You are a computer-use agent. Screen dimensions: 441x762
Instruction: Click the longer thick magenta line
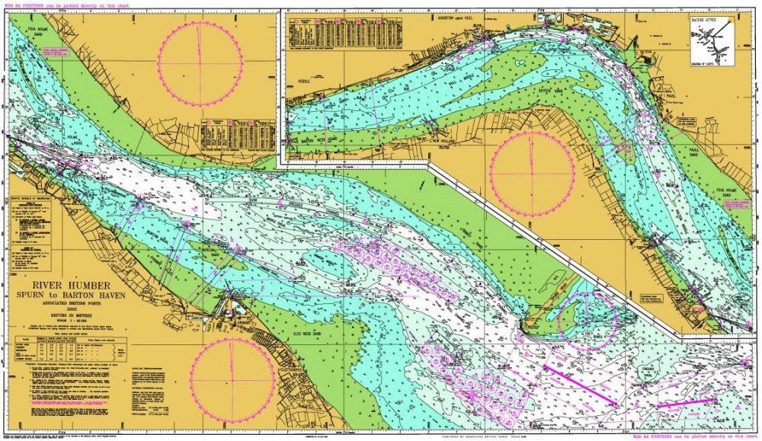pyautogui.click(x=579, y=385)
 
